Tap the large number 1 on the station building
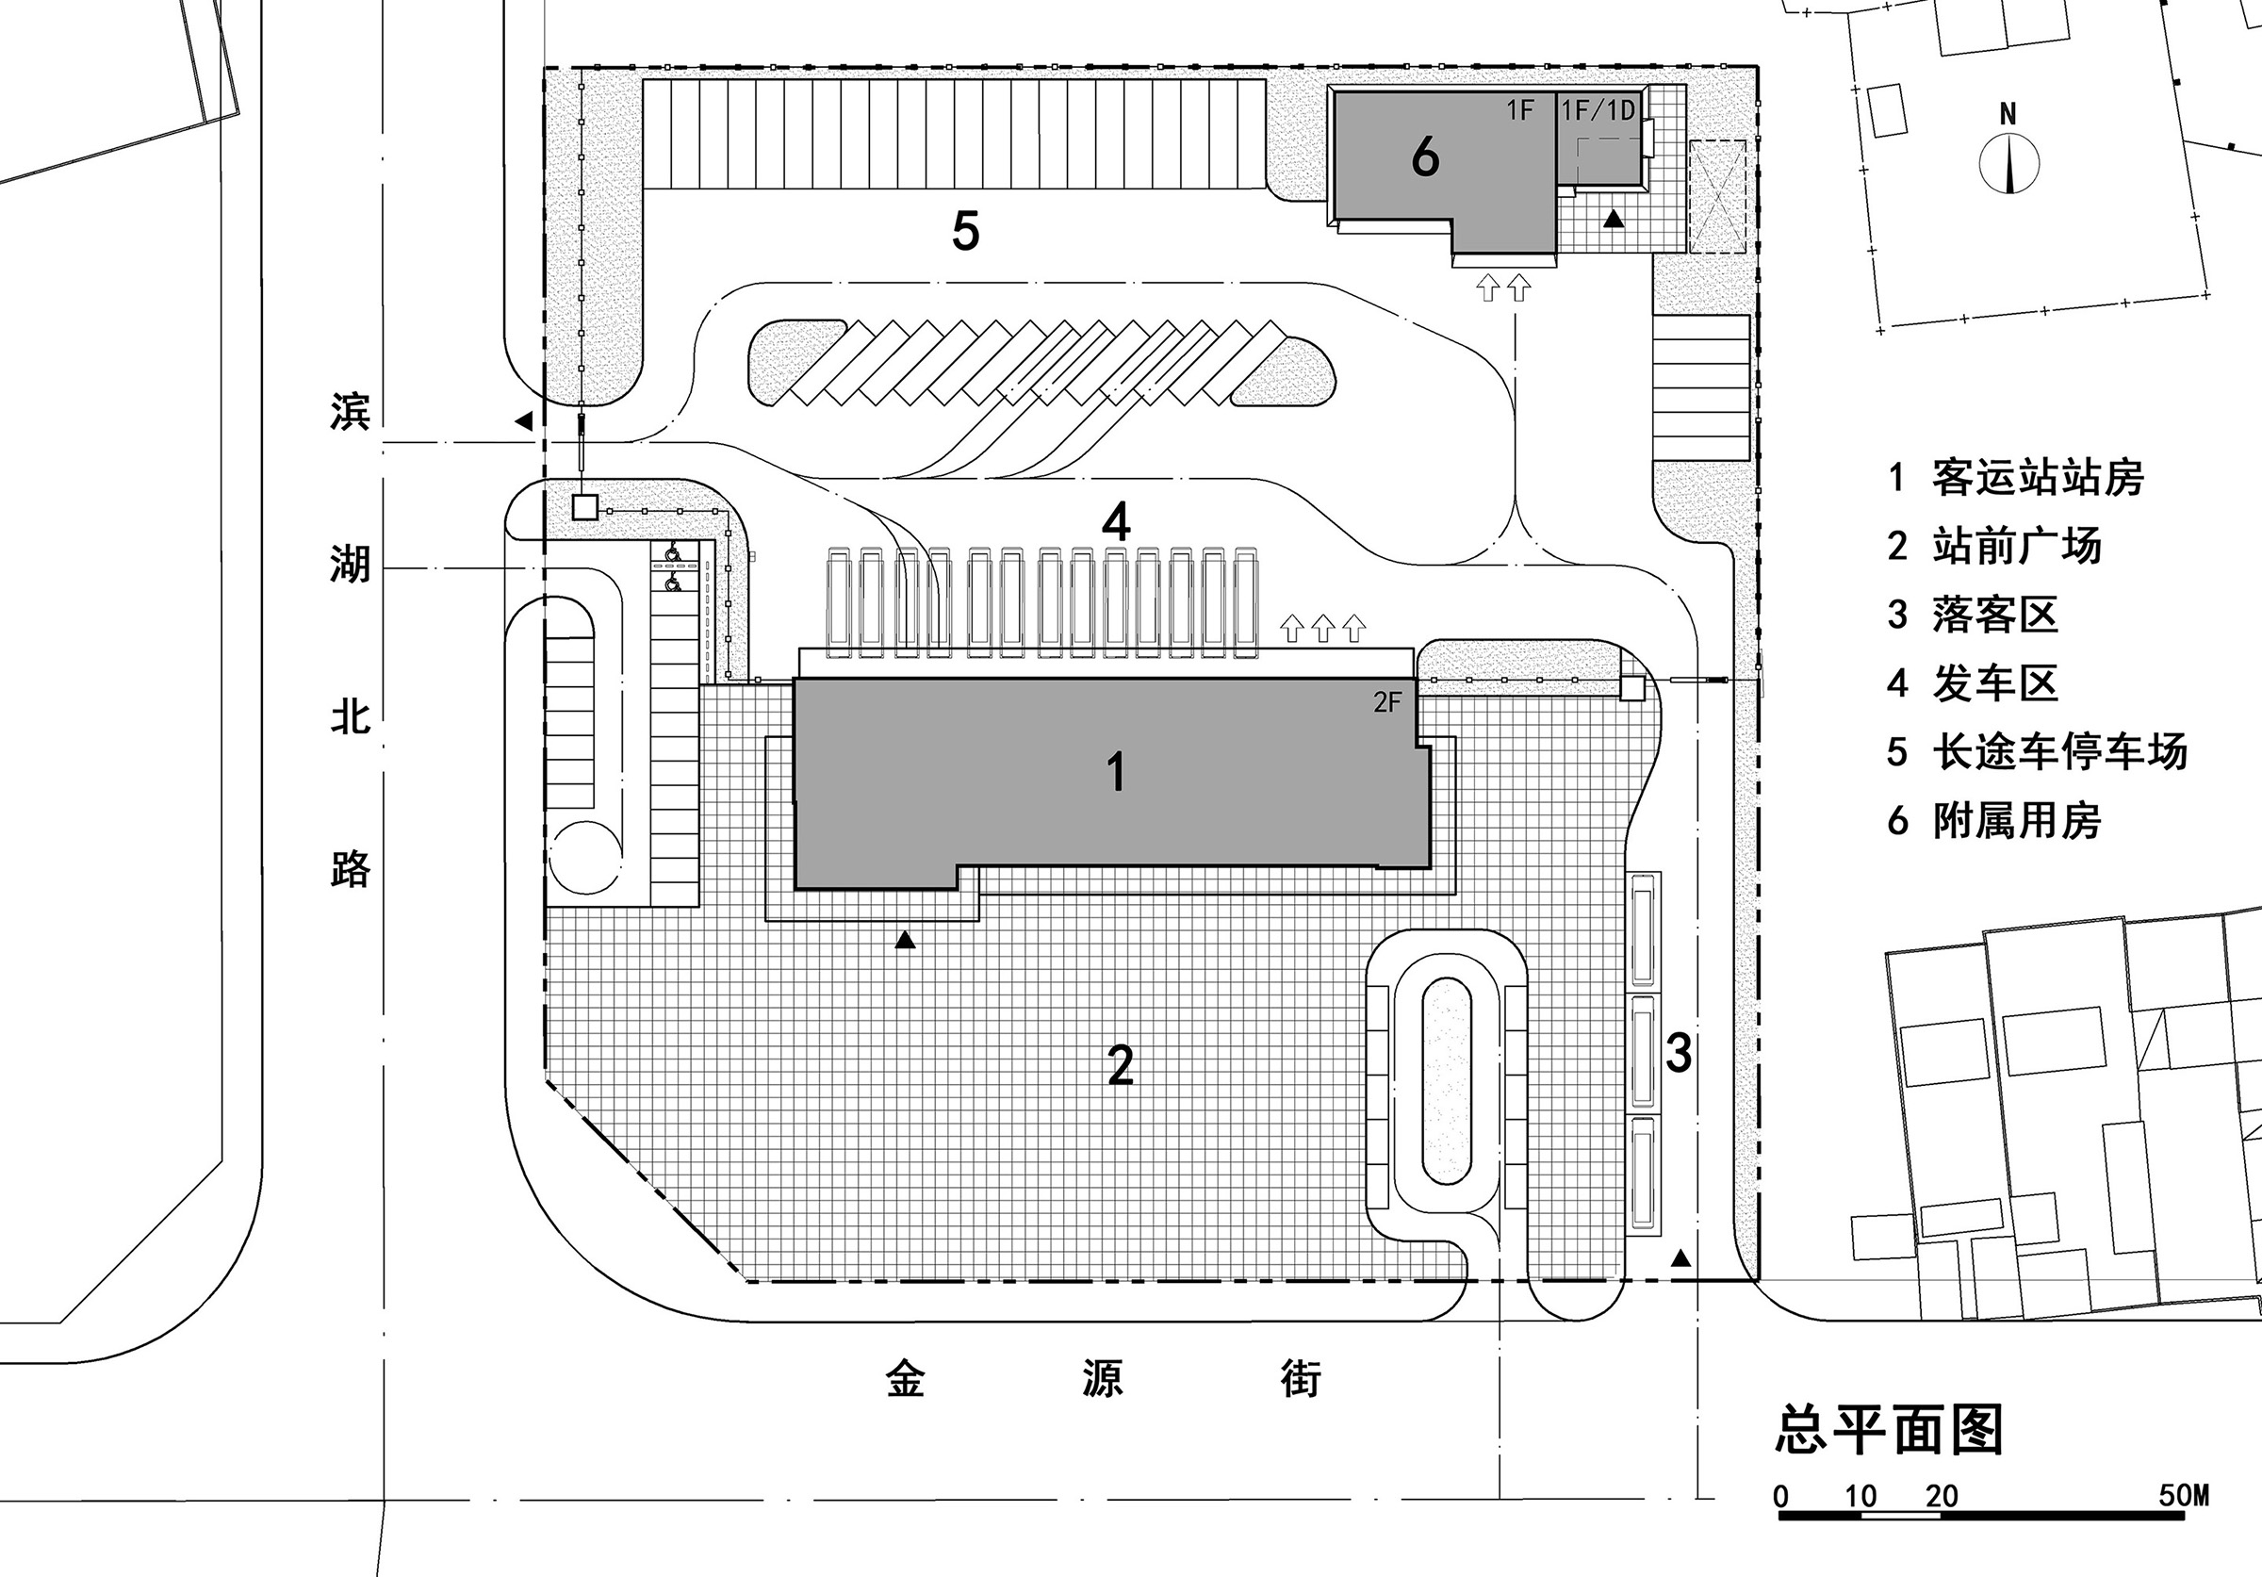tap(1115, 771)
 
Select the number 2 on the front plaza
tap(1121, 1065)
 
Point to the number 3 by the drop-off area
tap(1679, 1052)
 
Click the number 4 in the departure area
tap(1115, 524)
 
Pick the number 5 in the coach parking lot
tap(965, 232)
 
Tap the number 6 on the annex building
tap(1424, 156)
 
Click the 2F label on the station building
tap(1387, 702)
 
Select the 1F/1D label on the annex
tap(1598, 111)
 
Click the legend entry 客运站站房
tap(2038, 478)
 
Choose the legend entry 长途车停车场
tap(2059, 751)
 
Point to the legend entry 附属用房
tap(2017, 820)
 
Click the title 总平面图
tap(1890, 1429)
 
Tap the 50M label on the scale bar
tap(2183, 1495)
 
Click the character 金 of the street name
tap(906, 1378)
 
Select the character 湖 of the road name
tap(350, 566)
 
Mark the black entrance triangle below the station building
tap(905, 942)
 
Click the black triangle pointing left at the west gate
tap(524, 421)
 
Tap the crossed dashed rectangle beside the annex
tap(1717, 196)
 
